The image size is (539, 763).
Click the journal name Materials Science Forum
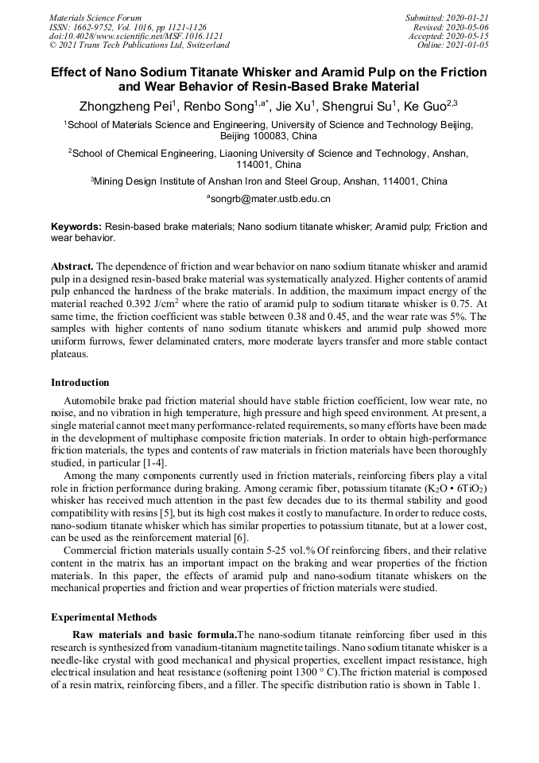(95, 18)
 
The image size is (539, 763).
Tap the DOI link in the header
(136, 36)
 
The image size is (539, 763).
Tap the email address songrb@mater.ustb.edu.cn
(269, 198)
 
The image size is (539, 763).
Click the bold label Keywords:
(76, 227)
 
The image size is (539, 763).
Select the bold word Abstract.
(72, 265)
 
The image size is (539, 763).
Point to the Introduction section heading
(80, 383)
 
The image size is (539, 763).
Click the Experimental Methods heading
(103, 617)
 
